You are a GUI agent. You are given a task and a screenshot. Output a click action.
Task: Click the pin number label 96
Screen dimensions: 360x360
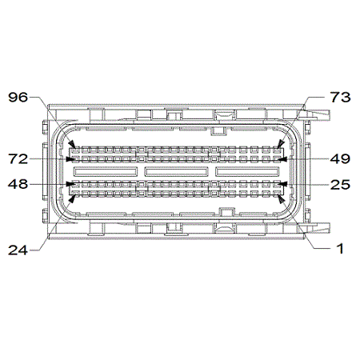[18, 98]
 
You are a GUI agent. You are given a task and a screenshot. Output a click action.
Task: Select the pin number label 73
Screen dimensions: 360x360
[340, 98]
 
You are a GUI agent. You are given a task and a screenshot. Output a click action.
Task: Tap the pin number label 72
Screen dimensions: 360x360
[18, 159]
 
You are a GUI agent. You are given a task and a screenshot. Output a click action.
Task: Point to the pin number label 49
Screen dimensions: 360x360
[340, 159]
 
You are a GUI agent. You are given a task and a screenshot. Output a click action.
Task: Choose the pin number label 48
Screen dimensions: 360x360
[18, 184]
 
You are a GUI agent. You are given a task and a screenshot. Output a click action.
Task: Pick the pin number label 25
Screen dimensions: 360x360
[340, 184]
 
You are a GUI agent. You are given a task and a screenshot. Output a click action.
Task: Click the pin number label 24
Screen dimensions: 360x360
[18, 250]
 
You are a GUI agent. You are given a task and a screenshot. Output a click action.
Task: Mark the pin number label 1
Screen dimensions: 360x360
[340, 249]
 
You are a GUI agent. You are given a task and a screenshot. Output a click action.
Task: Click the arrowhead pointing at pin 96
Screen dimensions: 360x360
[72, 145]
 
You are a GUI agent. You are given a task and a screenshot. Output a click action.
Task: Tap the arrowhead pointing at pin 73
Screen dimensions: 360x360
[280, 145]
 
